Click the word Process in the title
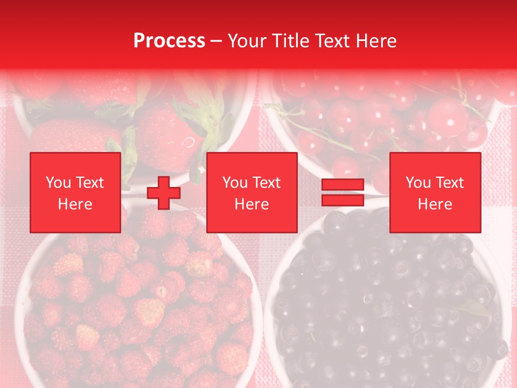[169, 41]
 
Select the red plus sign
[164, 193]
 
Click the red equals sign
[343, 193]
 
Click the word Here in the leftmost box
[75, 204]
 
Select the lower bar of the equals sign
[343, 200]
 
